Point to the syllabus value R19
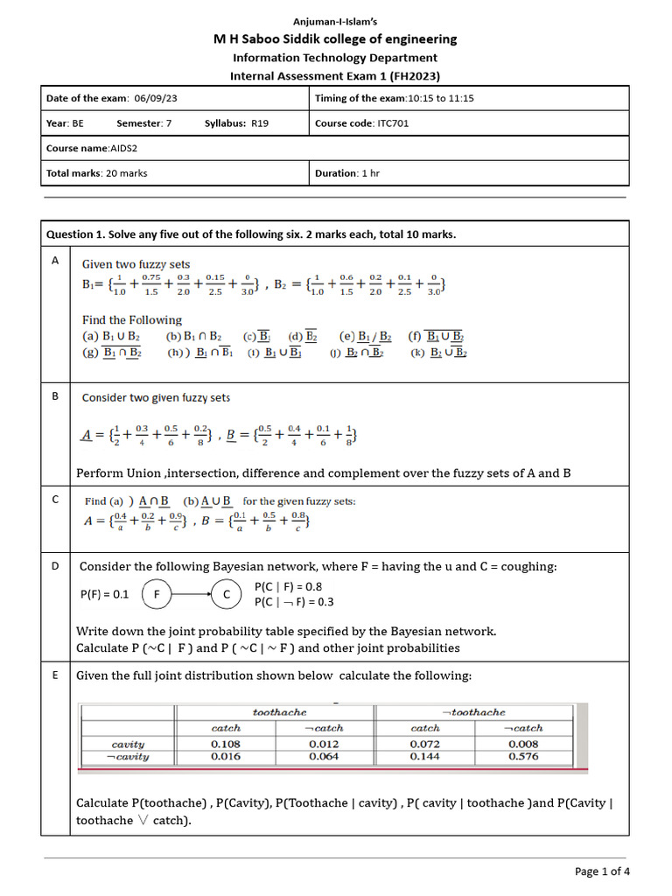(x=260, y=123)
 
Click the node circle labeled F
(x=157, y=594)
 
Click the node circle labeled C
(x=227, y=594)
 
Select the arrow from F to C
(x=192, y=594)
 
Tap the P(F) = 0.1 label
(x=104, y=594)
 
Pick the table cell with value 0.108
(x=226, y=744)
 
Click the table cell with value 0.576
(x=523, y=756)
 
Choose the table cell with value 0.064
(x=324, y=756)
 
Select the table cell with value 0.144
(x=425, y=756)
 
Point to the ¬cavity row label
(x=128, y=756)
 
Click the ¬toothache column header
(x=473, y=712)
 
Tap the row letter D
(x=55, y=566)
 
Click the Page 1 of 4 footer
(x=601, y=871)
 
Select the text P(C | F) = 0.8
(x=294, y=586)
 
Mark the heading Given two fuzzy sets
(x=136, y=264)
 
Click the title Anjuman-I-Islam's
(x=335, y=21)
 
